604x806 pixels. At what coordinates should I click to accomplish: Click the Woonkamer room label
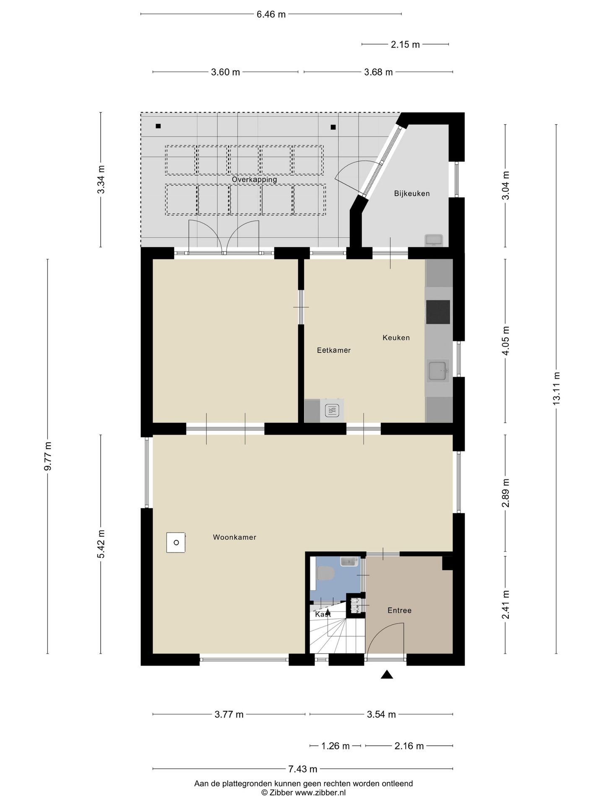point(234,537)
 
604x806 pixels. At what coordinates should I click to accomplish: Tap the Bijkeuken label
point(411,194)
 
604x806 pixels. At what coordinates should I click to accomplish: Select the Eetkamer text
point(333,350)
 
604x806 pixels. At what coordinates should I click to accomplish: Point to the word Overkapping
point(254,180)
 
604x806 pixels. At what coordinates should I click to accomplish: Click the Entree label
point(399,610)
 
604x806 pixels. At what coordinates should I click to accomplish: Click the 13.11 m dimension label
point(556,388)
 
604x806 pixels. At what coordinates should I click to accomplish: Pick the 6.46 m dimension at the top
point(271,15)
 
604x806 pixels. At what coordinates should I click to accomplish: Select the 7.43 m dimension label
point(302,769)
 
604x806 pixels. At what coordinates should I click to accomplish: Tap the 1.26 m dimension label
point(335,746)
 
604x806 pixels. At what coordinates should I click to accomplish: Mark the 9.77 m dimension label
point(48,456)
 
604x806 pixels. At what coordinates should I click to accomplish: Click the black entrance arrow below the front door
point(387,675)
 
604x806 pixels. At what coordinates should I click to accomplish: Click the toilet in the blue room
point(325,573)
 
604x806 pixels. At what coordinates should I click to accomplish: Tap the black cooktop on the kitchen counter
point(438,312)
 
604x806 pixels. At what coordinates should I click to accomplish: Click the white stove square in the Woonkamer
point(176,542)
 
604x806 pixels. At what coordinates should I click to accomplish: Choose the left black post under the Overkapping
point(158,126)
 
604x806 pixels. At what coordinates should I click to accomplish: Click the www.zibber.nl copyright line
point(303,793)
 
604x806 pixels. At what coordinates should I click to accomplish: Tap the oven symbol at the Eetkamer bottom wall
point(332,410)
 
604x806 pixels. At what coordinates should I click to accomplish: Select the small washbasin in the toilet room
point(349,561)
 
